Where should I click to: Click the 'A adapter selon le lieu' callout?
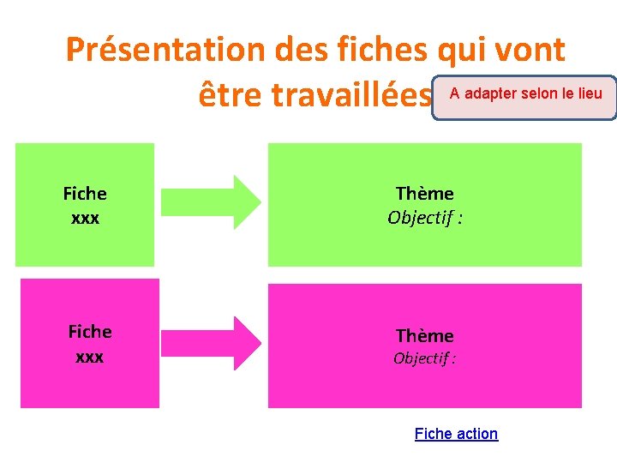click(x=524, y=94)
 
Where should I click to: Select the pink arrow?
click(x=211, y=343)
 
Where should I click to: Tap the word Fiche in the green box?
click(x=85, y=194)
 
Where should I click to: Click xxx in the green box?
click(x=85, y=218)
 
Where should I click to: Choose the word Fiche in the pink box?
click(x=90, y=332)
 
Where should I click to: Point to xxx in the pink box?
click(x=90, y=356)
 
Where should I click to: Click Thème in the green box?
click(x=424, y=194)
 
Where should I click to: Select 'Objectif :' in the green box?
click(x=424, y=218)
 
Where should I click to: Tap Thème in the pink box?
click(x=424, y=335)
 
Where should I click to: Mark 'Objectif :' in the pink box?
click(x=424, y=358)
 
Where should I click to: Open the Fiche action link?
click(x=456, y=434)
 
